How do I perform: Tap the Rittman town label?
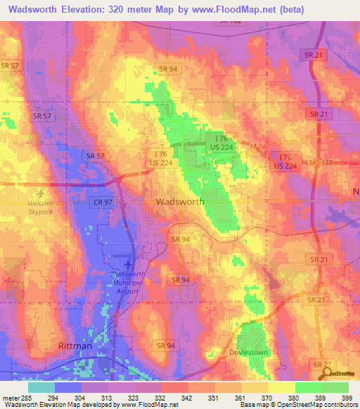[x=72, y=346]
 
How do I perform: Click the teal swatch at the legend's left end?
[x=41, y=387]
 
